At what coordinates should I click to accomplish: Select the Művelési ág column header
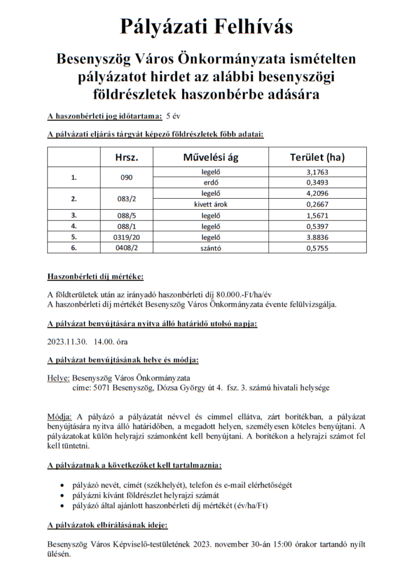[211, 157]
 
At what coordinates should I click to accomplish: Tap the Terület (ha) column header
[318, 157]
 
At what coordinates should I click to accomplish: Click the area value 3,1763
[318, 172]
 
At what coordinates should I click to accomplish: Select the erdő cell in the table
[211, 183]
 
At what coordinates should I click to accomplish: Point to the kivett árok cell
[211, 205]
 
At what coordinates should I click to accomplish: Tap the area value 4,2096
[318, 194]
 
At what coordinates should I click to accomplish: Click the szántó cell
[211, 248]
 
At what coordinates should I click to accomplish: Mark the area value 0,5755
[318, 248]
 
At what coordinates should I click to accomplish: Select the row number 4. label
[74, 226]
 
